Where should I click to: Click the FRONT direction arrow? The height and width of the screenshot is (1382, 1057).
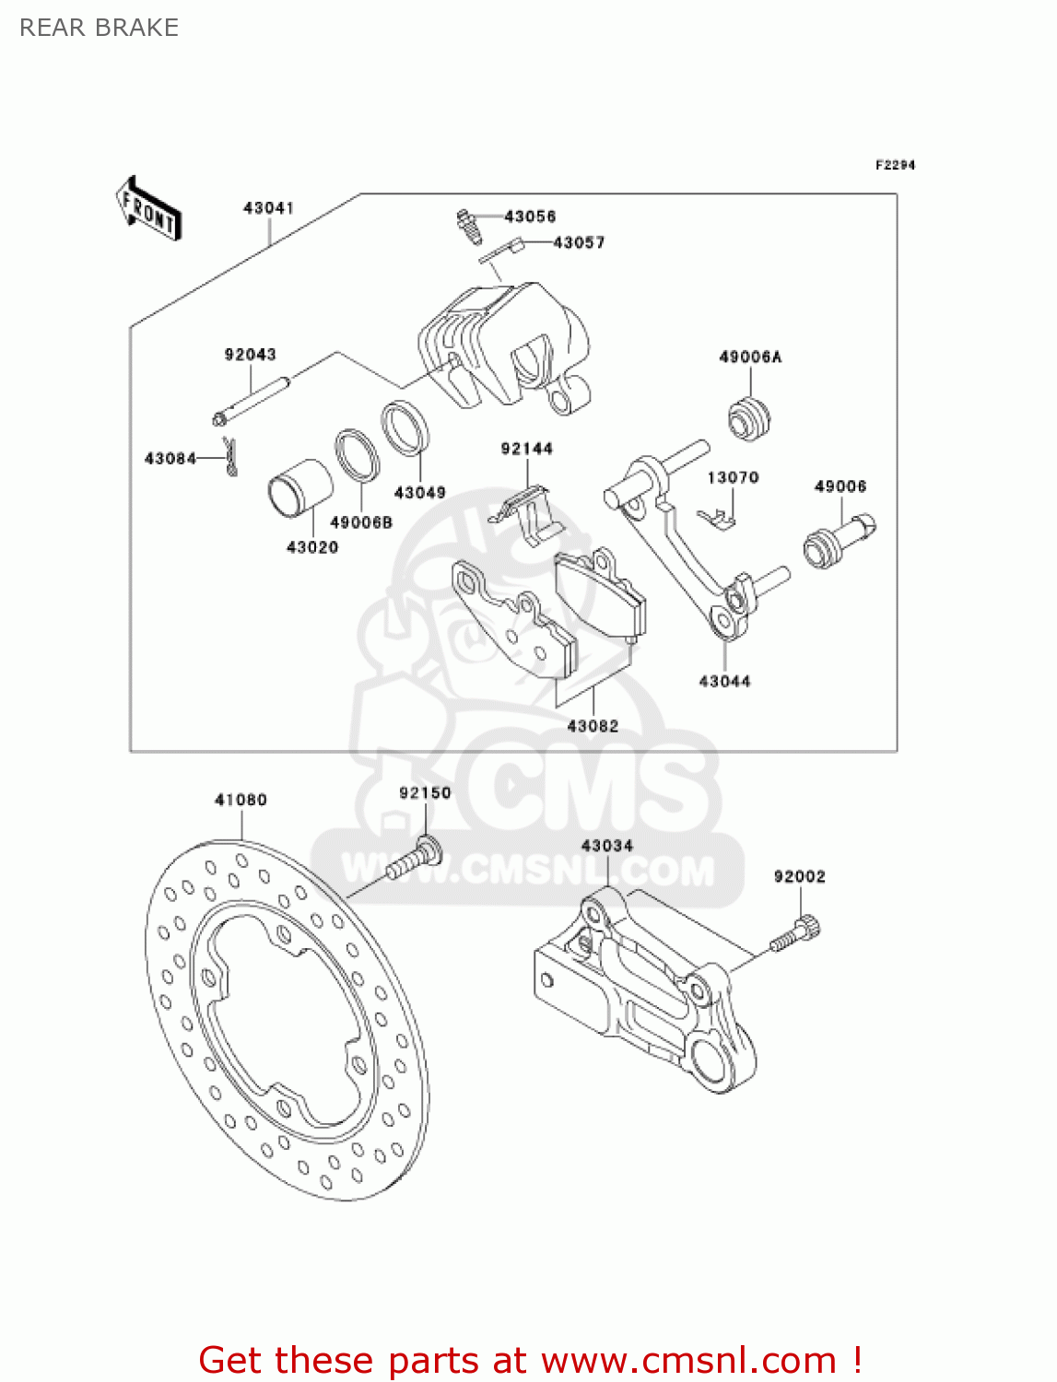(x=147, y=209)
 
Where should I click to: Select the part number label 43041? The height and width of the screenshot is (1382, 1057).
(x=268, y=208)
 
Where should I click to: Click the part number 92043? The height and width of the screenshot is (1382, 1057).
(x=250, y=355)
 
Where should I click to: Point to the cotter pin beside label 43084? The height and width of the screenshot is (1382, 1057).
(x=231, y=458)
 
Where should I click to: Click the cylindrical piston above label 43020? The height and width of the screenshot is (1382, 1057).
(x=299, y=488)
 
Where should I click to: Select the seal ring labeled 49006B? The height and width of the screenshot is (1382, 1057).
(x=357, y=454)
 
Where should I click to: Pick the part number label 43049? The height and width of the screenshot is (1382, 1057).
(x=419, y=493)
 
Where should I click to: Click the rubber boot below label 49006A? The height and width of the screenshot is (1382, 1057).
(x=749, y=419)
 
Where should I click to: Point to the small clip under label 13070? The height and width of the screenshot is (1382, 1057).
(x=716, y=519)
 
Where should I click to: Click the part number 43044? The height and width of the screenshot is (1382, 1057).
(x=724, y=682)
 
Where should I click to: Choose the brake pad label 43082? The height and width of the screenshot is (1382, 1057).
(x=593, y=726)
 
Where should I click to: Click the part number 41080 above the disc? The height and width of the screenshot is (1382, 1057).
(x=241, y=800)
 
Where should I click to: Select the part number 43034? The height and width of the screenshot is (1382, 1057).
(x=606, y=846)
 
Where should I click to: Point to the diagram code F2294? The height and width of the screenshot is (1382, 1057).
(x=895, y=165)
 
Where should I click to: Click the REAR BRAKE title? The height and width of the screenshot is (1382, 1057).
(x=99, y=28)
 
